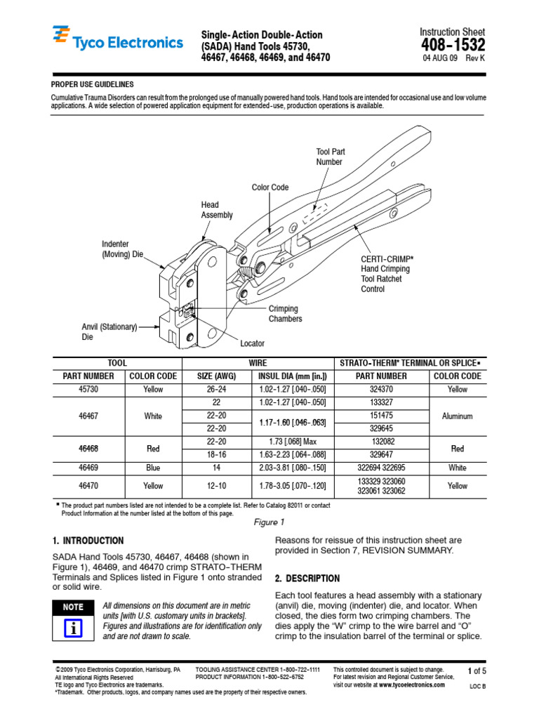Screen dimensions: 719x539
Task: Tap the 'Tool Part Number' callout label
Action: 330,157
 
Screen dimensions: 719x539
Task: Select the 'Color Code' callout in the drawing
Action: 270,187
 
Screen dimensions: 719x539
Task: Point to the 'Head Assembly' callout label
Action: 216,210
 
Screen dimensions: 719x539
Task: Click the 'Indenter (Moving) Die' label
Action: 122,249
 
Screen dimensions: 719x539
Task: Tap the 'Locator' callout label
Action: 252,344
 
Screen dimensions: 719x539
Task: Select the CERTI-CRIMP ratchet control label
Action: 387,273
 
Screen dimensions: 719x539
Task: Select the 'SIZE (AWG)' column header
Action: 216,376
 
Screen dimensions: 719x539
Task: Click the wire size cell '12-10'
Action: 216,485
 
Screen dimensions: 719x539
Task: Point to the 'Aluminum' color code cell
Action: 457,416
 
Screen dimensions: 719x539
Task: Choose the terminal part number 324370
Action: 382,389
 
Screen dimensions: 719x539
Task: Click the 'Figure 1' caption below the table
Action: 269,522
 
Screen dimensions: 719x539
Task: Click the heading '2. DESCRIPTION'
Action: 307,579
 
